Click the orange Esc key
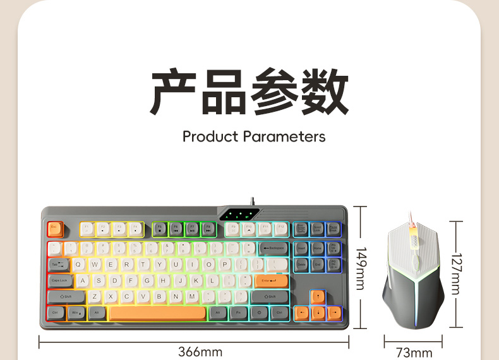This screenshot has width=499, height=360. point(54,229)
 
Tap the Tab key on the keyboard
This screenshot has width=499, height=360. point(57,264)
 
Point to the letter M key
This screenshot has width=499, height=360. point(191,296)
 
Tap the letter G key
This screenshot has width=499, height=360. point(147,280)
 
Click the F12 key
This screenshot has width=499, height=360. point(280,229)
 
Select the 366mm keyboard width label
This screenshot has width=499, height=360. point(200,352)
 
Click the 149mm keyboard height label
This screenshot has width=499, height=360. point(359,268)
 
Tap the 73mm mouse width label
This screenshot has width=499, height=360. point(414,352)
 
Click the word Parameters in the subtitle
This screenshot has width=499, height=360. point(284,136)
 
